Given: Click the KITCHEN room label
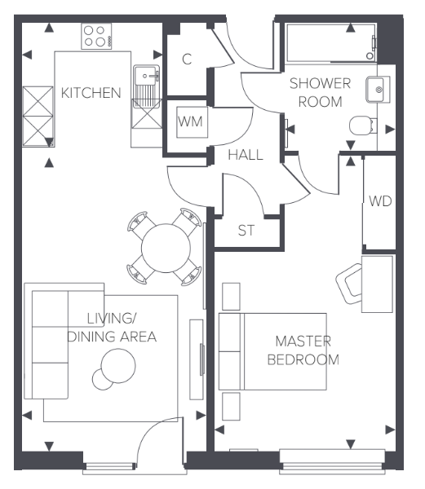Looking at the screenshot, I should (x=91, y=93).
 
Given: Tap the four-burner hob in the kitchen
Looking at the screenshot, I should (x=96, y=36).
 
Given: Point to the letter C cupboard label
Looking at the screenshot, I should (x=187, y=59).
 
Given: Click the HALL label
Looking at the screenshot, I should (x=245, y=155).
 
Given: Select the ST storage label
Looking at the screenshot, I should (x=246, y=231).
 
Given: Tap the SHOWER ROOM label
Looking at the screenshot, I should (x=324, y=92).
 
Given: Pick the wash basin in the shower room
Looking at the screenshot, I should (x=376, y=89).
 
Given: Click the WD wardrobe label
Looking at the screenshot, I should (x=379, y=201).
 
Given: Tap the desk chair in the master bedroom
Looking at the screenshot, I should (x=352, y=281).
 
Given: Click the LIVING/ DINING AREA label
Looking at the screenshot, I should (x=111, y=327).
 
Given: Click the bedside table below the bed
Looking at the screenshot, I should (x=231, y=406).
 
